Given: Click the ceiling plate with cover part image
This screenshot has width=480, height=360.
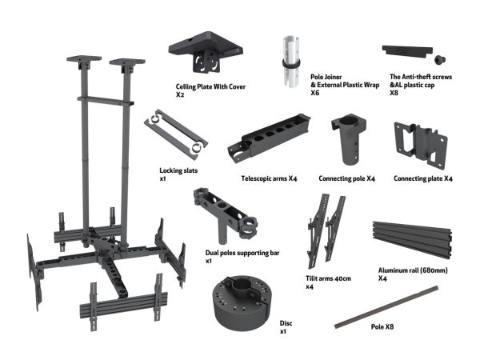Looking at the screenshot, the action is (x=206, y=51).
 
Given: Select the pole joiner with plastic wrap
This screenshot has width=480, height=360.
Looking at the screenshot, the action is (x=291, y=62).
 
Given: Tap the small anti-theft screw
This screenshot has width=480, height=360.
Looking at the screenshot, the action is (x=440, y=59).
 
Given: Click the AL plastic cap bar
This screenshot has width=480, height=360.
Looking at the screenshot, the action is (x=407, y=51).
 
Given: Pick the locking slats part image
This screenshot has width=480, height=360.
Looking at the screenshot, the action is (x=176, y=134).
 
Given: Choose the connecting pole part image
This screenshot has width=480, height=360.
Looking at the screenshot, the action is (x=349, y=139).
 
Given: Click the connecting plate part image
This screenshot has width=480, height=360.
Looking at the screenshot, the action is (x=421, y=145).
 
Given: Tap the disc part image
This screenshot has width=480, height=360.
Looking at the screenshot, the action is (x=242, y=302).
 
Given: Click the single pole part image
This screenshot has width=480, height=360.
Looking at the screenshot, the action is (x=386, y=307).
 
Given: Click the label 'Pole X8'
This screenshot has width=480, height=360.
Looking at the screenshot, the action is (x=382, y=326).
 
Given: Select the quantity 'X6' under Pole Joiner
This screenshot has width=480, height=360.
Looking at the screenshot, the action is (x=315, y=93).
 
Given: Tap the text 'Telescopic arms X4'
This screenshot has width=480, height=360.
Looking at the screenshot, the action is (x=269, y=178).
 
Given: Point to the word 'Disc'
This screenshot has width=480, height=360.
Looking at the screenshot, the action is (x=286, y=323).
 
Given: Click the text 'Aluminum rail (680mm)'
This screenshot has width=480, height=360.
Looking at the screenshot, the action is (x=413, y=270).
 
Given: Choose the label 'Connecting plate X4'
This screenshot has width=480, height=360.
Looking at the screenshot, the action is (x=423, y=178).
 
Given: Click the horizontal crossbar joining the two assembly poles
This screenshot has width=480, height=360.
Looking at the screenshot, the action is (x=106, y=101).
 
